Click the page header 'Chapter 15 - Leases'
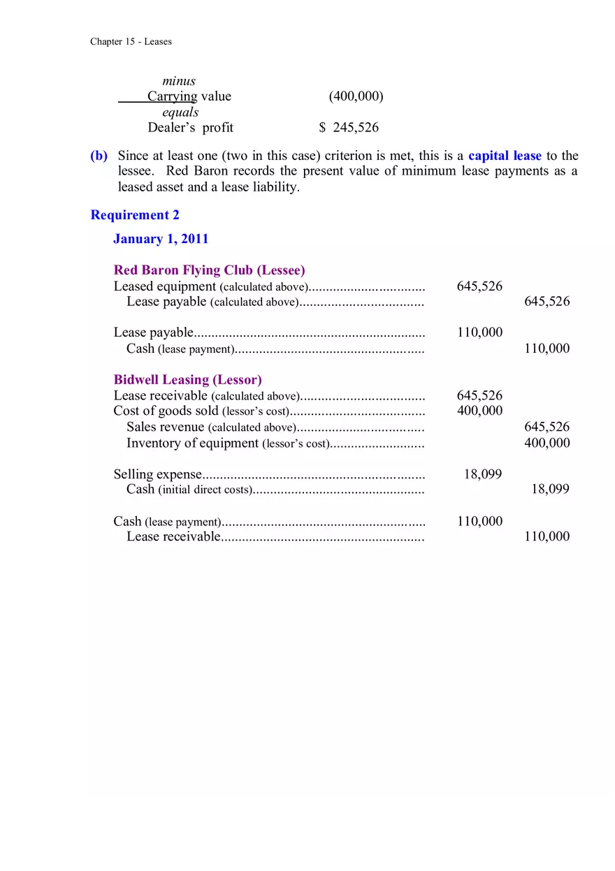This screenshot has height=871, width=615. (x=131, y=42)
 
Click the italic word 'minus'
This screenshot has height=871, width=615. (x=179, y=81)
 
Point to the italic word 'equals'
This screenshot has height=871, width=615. (x=180, y=112)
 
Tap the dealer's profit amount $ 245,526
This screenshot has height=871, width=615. (x=349, y=127)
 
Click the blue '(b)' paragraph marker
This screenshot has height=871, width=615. (x=99, y=156)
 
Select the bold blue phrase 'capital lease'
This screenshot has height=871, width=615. (x=505, y=156)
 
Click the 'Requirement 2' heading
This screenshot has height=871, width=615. (x=135, y=215)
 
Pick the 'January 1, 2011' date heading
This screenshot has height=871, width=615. (x=161, y=239)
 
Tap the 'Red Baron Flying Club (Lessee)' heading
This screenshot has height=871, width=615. (x=209, y=270)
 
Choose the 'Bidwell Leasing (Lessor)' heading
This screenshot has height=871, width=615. (x=187, y=380)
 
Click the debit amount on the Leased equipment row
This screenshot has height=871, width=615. (x=479, y=286)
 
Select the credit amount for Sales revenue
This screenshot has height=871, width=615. (x=547, y=427)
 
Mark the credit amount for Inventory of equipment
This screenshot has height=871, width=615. (x=547, y=443)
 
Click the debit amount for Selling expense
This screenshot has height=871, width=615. (x=483, y=474)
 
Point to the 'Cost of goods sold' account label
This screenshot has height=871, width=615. (x=166, y=411)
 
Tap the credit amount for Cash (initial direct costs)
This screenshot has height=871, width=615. (x=550, y=490)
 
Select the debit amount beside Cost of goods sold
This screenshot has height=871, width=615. (x=479, y=411)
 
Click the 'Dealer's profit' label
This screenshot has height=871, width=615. (x=190, y=127)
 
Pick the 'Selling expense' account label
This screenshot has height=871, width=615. (x=157, y=474)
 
